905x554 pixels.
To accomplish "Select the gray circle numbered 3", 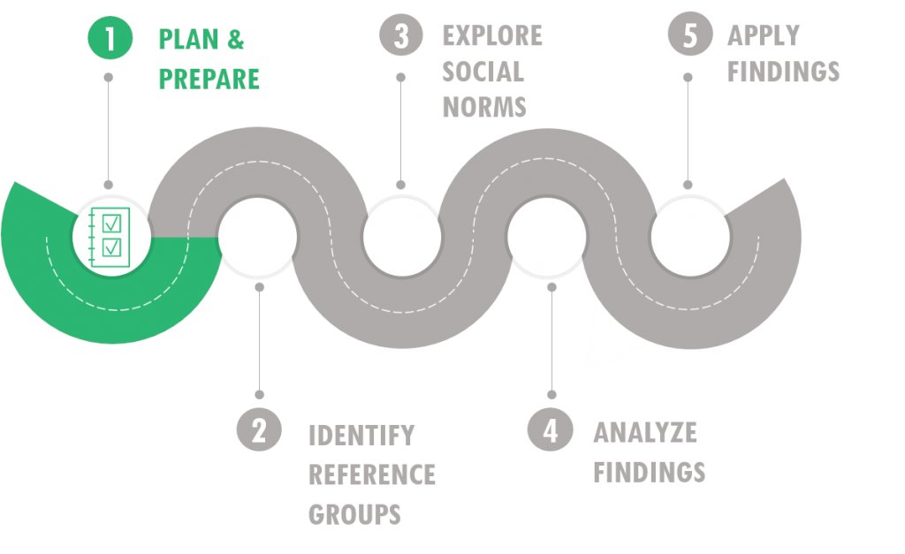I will pos(401,36).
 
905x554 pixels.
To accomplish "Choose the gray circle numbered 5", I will pos(688,36).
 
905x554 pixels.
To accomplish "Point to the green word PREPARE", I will pos(209,80).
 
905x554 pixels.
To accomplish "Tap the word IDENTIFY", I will pos(361,436).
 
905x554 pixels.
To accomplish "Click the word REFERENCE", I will pos(371,474).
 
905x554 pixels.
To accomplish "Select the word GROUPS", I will pos(354,513).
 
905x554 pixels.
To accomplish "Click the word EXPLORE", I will pos(492,36).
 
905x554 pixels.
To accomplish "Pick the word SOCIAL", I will pos(483,72).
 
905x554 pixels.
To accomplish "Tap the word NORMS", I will pos(484,107).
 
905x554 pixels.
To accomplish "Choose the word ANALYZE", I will pos(645,433).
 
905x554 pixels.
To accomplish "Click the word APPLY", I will pos(764,36).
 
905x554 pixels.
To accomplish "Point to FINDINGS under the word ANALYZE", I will pos(649,472).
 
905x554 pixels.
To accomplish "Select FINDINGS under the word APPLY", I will pos(783,72).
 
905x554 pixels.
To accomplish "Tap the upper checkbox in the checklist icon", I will pos(112,222).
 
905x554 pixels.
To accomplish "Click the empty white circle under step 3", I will pos(402,236).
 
